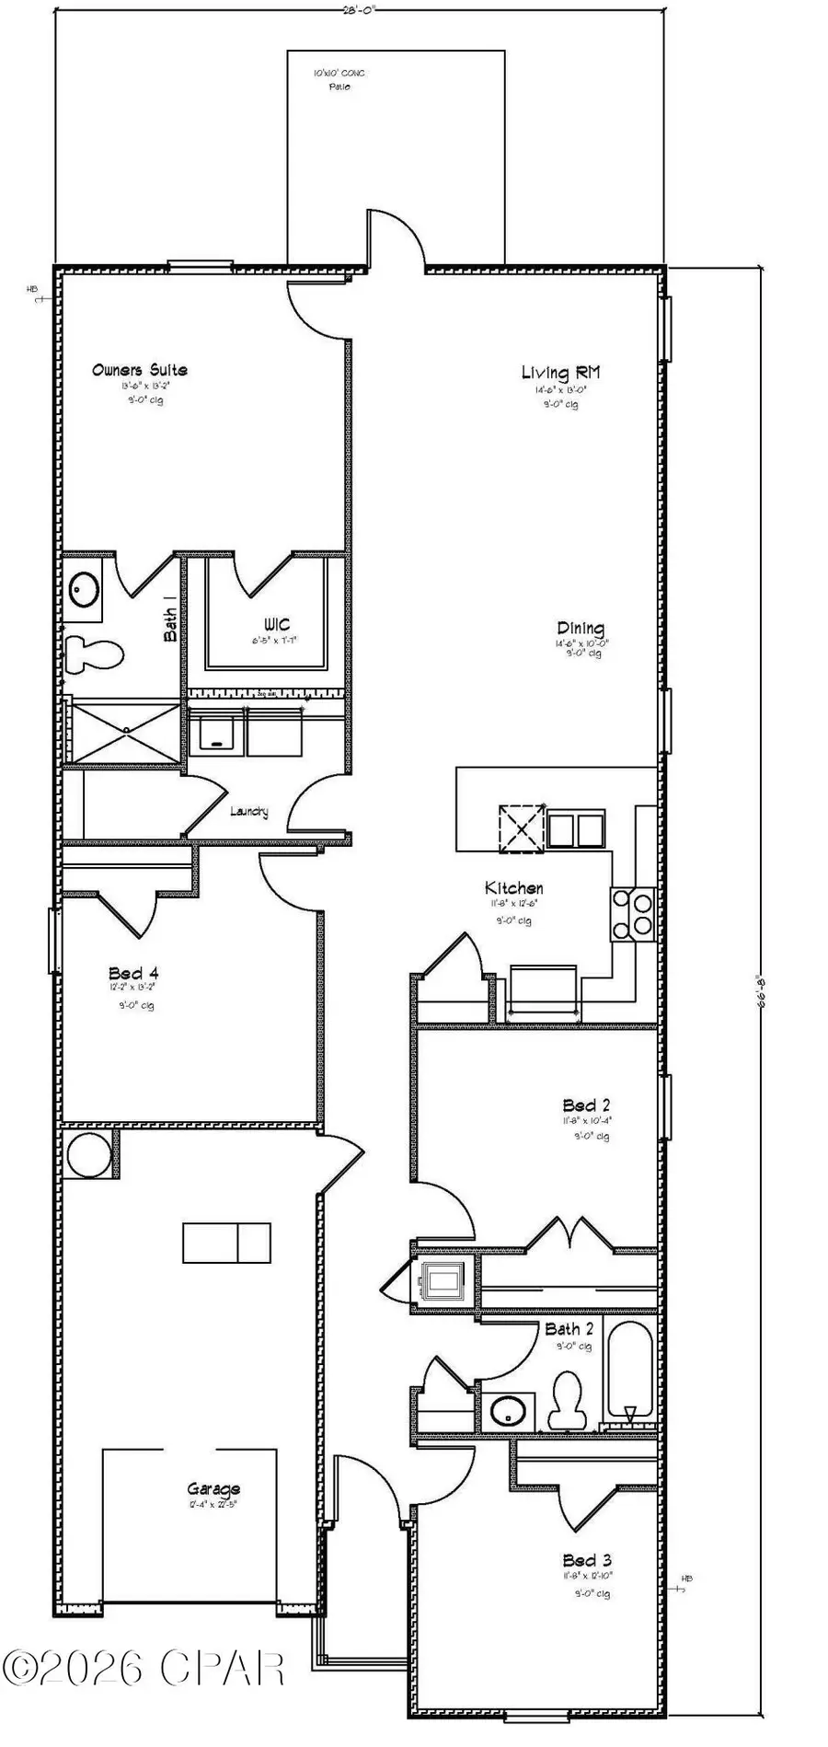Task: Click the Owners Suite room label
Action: [140, 370]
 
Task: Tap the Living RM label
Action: [560, 372]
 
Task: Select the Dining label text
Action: [581, 629]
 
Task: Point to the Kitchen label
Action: [514, 888]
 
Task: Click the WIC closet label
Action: [276, 625]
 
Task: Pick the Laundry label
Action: [249, 811]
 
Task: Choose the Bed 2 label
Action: [587, 1105]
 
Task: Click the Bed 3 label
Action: [587, 1560]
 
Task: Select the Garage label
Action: [213, 1488]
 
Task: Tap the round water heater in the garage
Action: [88, 1154]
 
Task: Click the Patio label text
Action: [340, 87]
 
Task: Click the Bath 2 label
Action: [569, 1328]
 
